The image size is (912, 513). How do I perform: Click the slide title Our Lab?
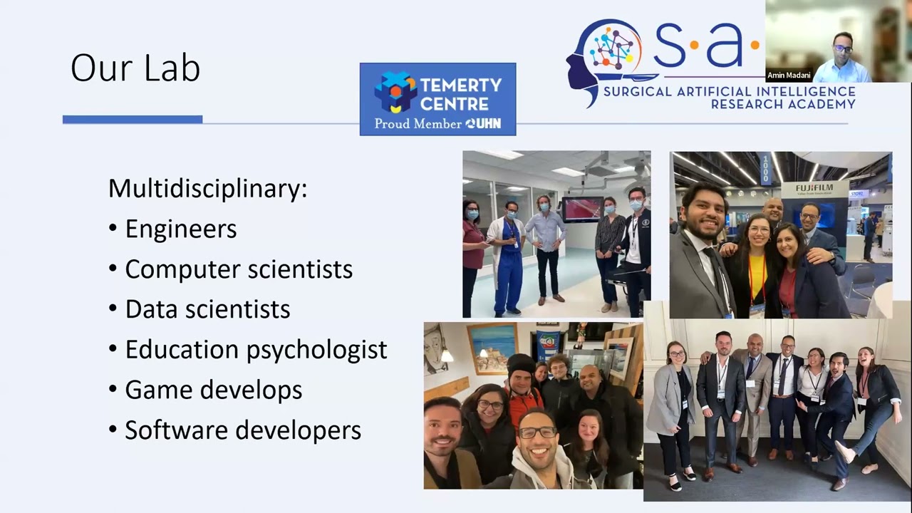coord(135,68)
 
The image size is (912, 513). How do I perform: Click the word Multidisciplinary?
coord(207,189)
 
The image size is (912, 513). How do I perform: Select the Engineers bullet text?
coord(180,229)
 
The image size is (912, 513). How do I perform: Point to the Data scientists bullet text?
coord(207,309)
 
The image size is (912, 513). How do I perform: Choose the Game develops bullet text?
coord(213,390)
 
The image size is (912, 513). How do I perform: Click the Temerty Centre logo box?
coord(437,99)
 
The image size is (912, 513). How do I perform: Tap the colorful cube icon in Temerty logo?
coord(395,92)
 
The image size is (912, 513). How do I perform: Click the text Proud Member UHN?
coord(437,124)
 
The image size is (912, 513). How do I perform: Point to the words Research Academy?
coord(782,105)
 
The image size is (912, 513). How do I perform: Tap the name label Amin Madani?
coord(789,76)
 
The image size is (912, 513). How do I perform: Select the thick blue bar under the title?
coord(133,120)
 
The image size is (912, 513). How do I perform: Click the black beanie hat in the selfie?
coord(521,364)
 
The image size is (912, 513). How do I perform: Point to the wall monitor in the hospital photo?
coord(582,209)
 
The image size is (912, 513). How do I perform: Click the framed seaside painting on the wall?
coord(492,347)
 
